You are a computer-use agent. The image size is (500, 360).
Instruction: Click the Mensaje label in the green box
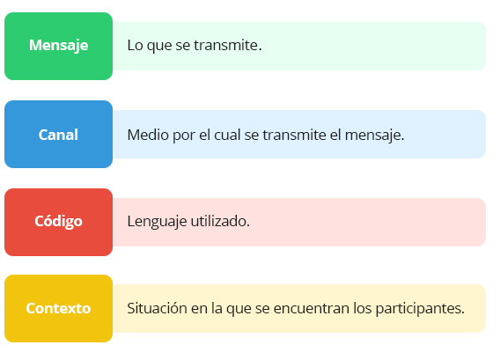pos(58,45)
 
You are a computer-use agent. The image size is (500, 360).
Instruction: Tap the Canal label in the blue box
pos(58,135)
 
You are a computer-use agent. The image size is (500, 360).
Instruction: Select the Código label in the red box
pos(58,221)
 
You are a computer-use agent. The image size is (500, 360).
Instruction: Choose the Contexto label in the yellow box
pos(58,308)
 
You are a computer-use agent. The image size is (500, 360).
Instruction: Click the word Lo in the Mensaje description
pos(135,45)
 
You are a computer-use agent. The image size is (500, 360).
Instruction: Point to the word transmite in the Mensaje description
pos(228,45)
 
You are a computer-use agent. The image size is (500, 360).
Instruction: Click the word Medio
pos(148,135)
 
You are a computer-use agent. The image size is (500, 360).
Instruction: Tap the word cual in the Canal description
pos(227,135)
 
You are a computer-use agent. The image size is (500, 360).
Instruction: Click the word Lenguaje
pos(157,222)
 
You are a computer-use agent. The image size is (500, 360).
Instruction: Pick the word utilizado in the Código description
pos(220,221)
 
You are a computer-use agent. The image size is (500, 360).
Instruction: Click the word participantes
pos(420,309)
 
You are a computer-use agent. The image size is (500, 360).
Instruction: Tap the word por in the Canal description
pos(184,136)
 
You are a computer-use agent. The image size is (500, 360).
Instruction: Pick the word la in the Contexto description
pos(217,308)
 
